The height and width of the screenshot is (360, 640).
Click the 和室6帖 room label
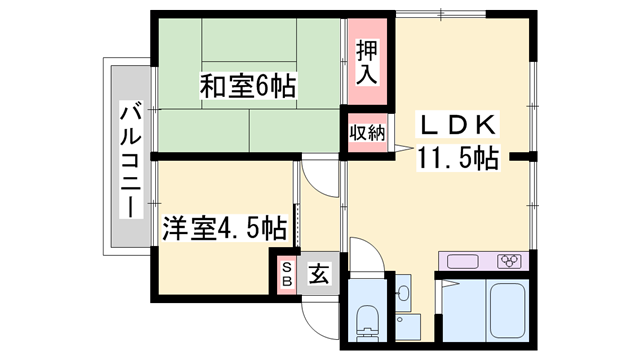(x=246, y=88)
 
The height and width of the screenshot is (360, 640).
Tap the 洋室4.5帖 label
(x=225, y=229)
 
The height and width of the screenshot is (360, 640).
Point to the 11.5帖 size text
(x=459, y=157)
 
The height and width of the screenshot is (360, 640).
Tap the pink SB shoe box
(x=286, y=274)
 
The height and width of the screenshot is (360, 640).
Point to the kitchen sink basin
(x=465, y=262)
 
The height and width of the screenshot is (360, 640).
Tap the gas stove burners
(x=509, y=262)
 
